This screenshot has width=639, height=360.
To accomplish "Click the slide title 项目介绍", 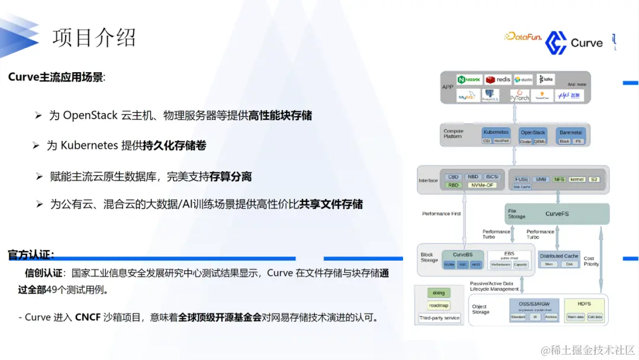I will [94, 37].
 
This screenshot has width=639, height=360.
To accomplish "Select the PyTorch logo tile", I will [519, 95].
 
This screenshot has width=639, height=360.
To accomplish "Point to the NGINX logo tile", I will [470, 79].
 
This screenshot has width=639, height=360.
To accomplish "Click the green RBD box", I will [454, 185].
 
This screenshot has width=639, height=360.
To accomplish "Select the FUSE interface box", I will [521, 179].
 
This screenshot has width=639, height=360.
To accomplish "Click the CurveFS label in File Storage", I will [557, 213].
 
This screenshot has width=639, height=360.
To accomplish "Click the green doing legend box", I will [438, 292].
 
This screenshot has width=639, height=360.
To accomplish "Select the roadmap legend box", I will [438, 306].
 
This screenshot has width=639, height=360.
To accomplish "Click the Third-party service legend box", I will [439, 319].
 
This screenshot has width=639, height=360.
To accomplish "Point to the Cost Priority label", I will [591, 261].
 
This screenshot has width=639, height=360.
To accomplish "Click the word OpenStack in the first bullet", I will [91, 115].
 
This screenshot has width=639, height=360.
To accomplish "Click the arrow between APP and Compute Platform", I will [514, 114].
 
